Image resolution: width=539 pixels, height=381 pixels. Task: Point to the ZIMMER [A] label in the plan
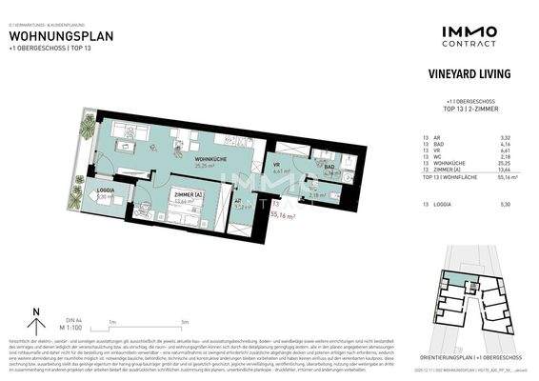[x=182, y=193]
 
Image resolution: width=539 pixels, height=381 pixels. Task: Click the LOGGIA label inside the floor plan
[x=106, y=190]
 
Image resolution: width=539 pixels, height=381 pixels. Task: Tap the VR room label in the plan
[x=276, y=163]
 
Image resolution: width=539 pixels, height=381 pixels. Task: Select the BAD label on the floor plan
[x=328, y=167]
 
